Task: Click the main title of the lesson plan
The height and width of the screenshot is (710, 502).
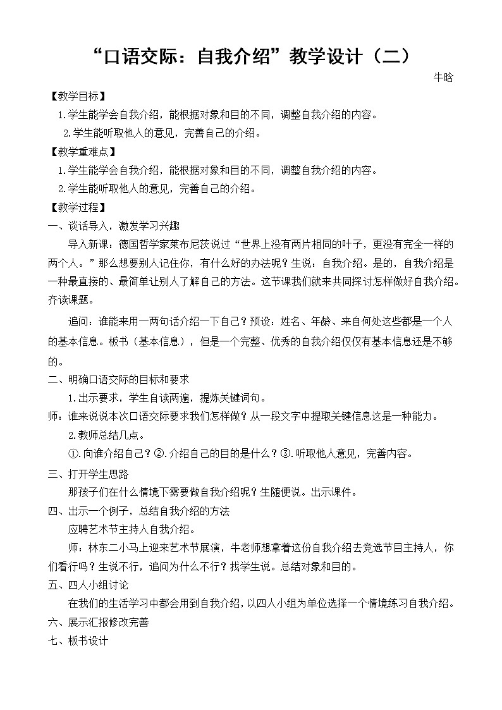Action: click(251, 56)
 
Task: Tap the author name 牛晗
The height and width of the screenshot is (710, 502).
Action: click(443, 78)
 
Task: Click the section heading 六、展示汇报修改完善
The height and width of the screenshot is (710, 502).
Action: click(99, 622)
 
